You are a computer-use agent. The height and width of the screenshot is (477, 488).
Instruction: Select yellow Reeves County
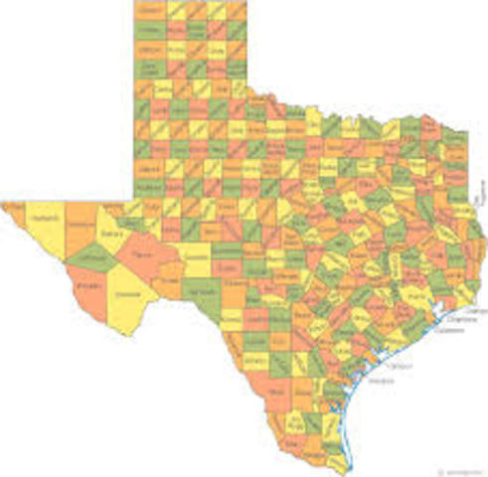(112, 238)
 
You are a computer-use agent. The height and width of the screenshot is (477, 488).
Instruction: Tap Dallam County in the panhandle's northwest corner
(150, 11)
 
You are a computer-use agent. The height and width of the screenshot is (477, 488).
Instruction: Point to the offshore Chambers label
(460, 320)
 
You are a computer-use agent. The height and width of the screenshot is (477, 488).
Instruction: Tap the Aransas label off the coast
(381, 381)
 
